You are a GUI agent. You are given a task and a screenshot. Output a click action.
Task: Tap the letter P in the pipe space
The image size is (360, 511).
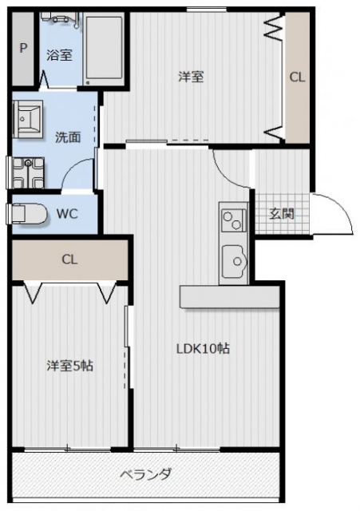point(23,48)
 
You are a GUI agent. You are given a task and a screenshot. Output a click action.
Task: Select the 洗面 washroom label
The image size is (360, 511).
point(67,137)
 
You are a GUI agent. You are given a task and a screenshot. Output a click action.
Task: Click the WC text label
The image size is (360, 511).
point(66,213)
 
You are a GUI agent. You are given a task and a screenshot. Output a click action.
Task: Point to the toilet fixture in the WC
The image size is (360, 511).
point(26,213)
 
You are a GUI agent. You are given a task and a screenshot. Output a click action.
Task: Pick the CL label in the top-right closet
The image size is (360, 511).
point(296,77)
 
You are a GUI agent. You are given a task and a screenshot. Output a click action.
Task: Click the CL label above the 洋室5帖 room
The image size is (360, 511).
point(69,259)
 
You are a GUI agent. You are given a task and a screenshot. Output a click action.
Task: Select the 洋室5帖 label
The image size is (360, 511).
point(69,366)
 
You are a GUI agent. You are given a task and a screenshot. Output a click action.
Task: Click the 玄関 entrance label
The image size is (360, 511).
point(280,213)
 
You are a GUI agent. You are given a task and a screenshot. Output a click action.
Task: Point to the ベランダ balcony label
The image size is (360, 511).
point(145,474)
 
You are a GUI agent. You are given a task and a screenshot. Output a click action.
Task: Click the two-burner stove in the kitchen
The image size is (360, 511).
point(233,218)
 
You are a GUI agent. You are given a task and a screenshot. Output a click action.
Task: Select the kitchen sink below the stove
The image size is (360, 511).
point(235,259)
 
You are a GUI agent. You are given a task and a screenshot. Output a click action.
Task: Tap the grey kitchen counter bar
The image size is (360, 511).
point(230,297)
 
